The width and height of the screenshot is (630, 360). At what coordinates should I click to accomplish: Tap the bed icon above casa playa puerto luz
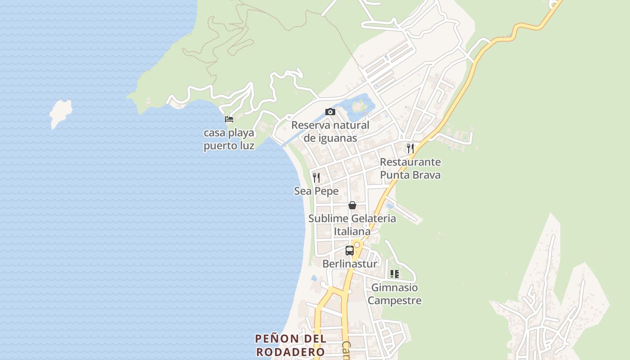pyautogui.click(x=229, y=119)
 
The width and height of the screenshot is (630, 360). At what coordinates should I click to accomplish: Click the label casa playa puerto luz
pyautogui.click(x=229, y=139)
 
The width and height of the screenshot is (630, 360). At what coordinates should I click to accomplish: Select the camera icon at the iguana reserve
pyautogui.click(x=330, y=112)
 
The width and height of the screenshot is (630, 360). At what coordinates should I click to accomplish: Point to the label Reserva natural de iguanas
pyautogui.click(x=330, y=131)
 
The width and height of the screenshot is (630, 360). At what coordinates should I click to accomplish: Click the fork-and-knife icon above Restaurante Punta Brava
pyautogui.click(x=410, y=148)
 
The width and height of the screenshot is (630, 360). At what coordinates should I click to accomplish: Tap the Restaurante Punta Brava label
pyautogui.click(x=410, y=168)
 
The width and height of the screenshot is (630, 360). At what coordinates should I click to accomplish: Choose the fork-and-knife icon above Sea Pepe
pyautogui.click(x=316, y=177)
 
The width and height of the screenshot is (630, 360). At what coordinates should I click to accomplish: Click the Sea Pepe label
pyautogui.click(x=316, y=191)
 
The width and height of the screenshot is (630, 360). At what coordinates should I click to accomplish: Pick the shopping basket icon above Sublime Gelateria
pyautogui.click(x=352, y=205)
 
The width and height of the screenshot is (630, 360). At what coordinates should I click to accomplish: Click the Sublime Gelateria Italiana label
pyautogui.click(x=352, y=225)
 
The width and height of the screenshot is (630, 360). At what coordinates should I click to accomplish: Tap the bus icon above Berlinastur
pyautogui.click(x=350, y=251)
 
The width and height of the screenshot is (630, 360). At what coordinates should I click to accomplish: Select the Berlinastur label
pyautogui.click(x=350, y=264)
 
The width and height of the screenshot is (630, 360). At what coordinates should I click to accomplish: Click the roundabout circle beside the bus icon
pyautogui.click(x=357, y=245)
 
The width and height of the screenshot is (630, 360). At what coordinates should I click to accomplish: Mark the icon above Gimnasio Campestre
pyautogui.click(x=395, y=274)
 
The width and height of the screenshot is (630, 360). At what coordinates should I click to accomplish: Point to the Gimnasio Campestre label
pyautogui.click(x=395, y=294)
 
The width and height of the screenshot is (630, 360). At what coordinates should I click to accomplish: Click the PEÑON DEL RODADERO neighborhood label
pyautogui.click(x=290, y=345)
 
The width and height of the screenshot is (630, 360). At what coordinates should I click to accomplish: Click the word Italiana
pyautogui.click(x=352, y=232)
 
